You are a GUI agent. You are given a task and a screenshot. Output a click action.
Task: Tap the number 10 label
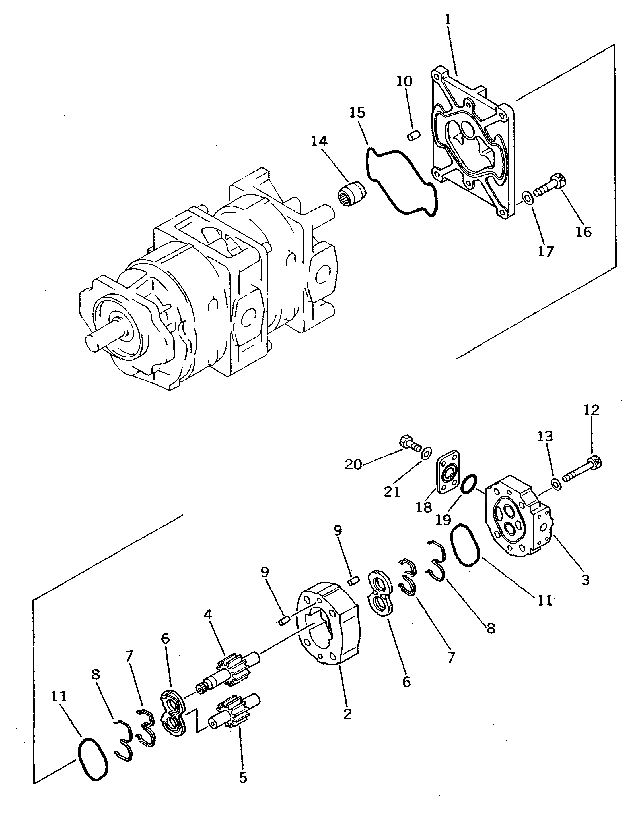pos(404,81)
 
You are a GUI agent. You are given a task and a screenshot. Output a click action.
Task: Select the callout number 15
pos(357,113)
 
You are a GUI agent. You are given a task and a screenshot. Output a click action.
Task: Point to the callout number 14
pos(319,141)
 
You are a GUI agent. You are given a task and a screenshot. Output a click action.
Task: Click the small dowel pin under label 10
pos(413,135)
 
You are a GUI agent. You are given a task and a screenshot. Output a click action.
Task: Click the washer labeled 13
pos(556,484)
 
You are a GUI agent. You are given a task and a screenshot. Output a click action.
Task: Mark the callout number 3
pos(585,580)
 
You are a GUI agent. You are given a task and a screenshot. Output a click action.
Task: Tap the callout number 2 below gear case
pos(347,714)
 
